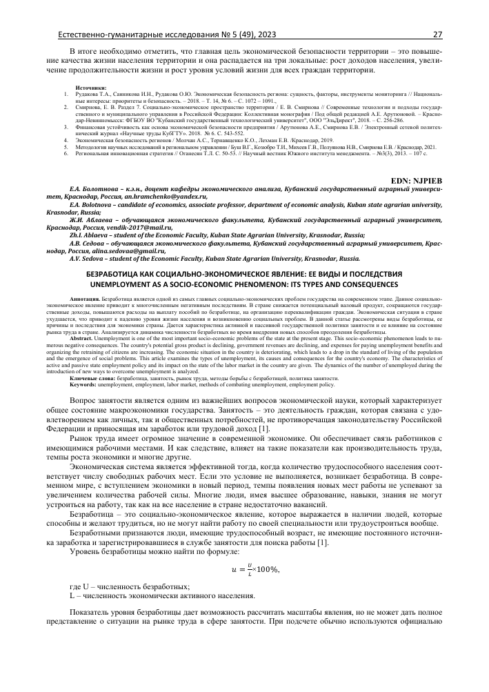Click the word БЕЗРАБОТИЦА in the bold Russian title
(x=110, y=273)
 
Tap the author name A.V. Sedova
(x=91, y=259)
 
